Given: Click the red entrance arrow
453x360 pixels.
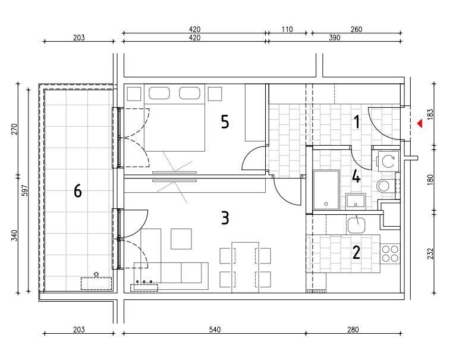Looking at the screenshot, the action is click(x=420, y=124).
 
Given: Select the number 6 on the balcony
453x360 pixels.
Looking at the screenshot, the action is click(x=77, y=191).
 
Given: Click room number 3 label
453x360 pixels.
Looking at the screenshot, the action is click(x=225, y=218).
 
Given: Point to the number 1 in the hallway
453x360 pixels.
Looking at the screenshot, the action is click(x=357, y=122).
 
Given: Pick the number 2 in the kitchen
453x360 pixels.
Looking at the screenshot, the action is click(x=356, y=252).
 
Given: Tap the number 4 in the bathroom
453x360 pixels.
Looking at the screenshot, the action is click(x=356, y=176).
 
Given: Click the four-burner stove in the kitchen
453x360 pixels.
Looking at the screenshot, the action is click(x=390, y=253).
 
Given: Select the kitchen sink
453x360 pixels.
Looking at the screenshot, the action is click(x=356, y=226).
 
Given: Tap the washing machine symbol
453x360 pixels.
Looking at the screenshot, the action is click(x=388, y=161).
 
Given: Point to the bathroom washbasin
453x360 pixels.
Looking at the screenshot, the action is click(x=356, y=201).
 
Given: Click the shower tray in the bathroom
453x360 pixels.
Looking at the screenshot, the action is click(x=326, y=190).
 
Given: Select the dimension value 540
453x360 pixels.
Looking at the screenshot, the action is click(x=215, y=329).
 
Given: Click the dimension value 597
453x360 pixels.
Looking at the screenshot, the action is click(x=25, y=190).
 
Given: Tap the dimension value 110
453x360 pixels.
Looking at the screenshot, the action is click(x=287, y=29).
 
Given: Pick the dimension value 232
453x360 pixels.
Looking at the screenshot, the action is click(x=430, y=253).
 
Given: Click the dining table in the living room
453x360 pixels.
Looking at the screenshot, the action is click(x=246, y=267).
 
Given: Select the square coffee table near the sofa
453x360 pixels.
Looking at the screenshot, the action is click(x=181, y=239).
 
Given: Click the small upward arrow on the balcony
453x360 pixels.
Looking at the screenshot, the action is click(x=96, y=274).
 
